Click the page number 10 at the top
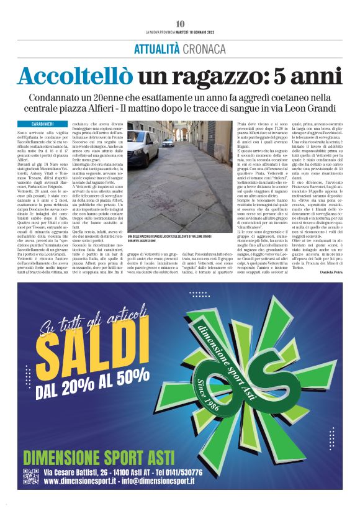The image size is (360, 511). click(180, 24)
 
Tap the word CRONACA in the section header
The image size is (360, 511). click(207, 50)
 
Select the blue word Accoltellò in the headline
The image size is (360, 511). click(74, 76)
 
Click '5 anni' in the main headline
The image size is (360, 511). click(310, 76)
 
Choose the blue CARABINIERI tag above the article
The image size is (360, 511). click(43, 124)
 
